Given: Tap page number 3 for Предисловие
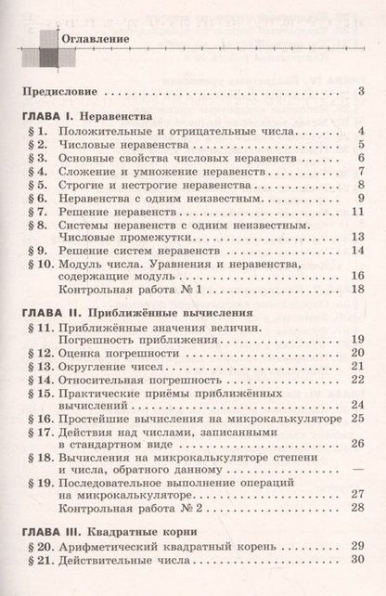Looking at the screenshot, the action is pos(360,91).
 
